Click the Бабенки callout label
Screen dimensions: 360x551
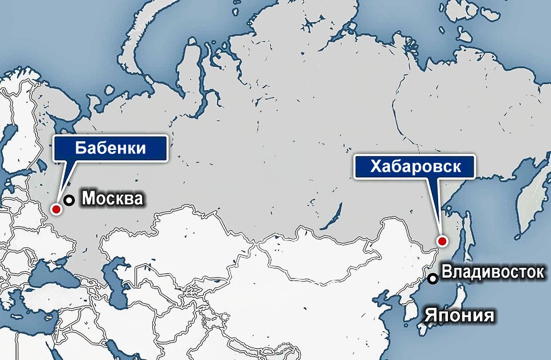(111, 148)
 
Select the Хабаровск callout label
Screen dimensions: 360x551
(415, 167)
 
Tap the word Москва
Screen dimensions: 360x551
(112, 199)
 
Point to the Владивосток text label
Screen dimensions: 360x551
(493, 272)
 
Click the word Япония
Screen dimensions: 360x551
(459, 315)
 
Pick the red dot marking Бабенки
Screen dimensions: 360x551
(56, 209)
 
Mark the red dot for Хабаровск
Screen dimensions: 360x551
(441, 241)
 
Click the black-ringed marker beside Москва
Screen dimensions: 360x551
(69, 200)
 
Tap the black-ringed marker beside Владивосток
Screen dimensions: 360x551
(434, 278)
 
